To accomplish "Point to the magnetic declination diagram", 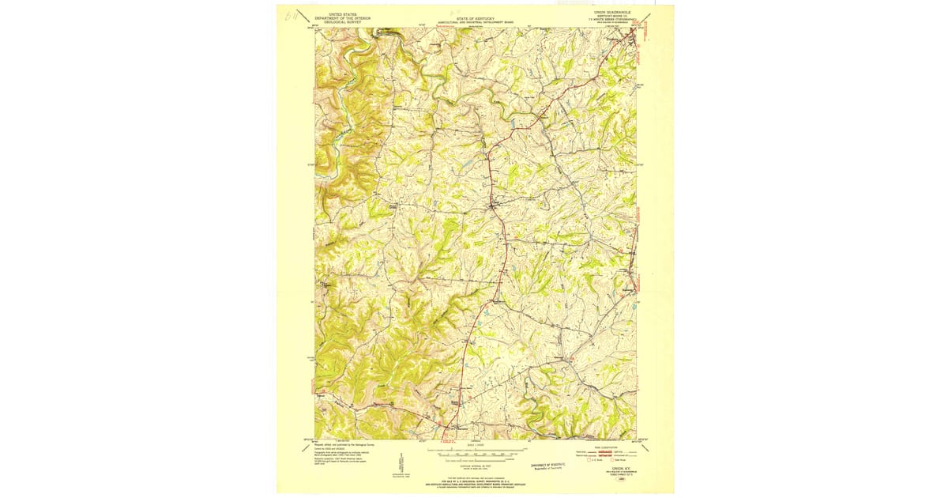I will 402,465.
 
